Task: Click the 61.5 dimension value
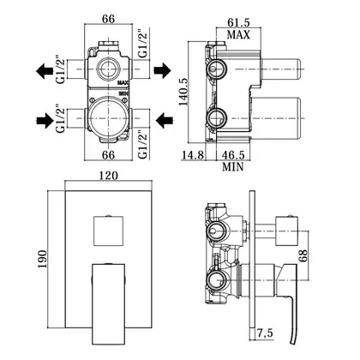pyautogui.click(x=238, y=22)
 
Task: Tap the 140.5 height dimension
pyautogui.click(x=183, y=92)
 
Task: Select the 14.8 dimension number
pyautogui.click(x=193, y=155)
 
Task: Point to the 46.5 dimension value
pyautogui.click(x=233, y=155)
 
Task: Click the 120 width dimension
pyautogui.click(x=108, y=176)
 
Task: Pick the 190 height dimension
pyautogui.click(x=42, y=259)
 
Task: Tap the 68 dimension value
pyautogui.click(x=303, y=255)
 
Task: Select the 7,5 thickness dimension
pyautogui.click(x=265, y=333)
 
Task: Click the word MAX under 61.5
pyautogui.click(x=238, y=34)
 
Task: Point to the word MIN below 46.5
pyautogui.click(x=233, y=166)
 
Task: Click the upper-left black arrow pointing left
pyautogui.click(x=45, y=71)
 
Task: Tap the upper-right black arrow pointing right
pyautogui.click(x=163, y=70)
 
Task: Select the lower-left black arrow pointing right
pyautogui.click(x=45, y=120)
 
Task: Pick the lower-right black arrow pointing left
pyautogui.click(x=165, y=119)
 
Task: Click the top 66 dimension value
pyautogui.click(x=108, y=19)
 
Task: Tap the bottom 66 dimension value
pyautogui.click(x=108, y=155)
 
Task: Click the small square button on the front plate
pyautogui.click(x=108, y=231)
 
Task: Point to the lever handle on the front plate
pyautogui.click(x=108, y=303)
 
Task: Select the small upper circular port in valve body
pyautogui.click(x=108, y=69)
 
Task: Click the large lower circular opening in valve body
pyautogui.click(x=108, y=118)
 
